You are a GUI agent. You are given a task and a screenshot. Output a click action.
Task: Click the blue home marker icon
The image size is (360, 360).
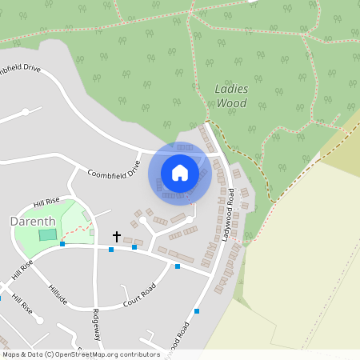pyautogui.click(x=180, y=173)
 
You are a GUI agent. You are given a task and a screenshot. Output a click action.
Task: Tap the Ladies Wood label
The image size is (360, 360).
pyautogui.click(x=231, y=96)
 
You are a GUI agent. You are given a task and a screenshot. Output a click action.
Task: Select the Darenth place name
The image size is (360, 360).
pyautogui.click(x=32, y=221)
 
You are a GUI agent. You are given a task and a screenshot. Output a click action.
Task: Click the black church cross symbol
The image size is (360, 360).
pyautogui.click(x=117, y=237)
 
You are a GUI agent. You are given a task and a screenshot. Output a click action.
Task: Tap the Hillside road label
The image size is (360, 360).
pyautogui.click(x=58, y=295)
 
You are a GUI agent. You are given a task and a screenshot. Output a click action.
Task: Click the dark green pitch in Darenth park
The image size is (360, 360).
pyautogui.click(x=48, y=234)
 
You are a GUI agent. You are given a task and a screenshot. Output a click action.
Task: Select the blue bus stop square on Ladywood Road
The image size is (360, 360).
pyautogui.click(x=196, y=310)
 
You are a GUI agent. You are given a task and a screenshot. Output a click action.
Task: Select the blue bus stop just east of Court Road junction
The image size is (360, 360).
pyautogui.click(x=178, y=266)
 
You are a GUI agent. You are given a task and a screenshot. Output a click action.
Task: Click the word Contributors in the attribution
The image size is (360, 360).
pyautogui.click(x=139, y=354)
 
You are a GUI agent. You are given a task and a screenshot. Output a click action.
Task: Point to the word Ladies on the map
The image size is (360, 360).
pyautogui.click(x=231, y=89)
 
